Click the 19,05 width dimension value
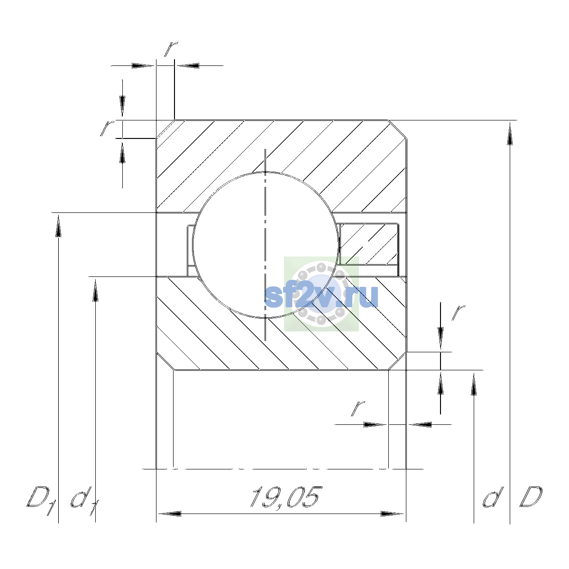pyautogui.click(x=284, y=497)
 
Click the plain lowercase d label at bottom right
pyautogui.click(x=493, y=497)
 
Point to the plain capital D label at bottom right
pyautogui.click(x=531, y=497)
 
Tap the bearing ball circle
pyautogui.click(x=192, y=245)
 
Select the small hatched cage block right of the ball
pyautogui.click(x=369, y=244)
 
